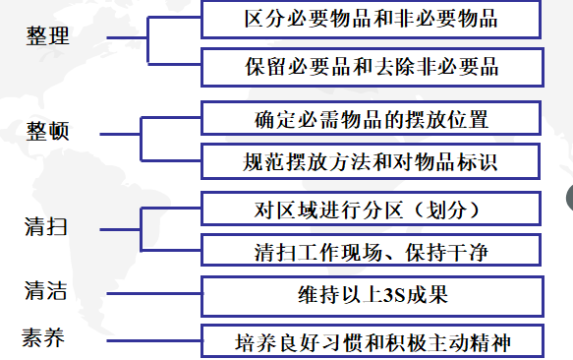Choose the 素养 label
(x=45, y=336)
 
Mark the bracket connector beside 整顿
(x=142, y=138)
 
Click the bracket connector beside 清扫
(x=142, y=228)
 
